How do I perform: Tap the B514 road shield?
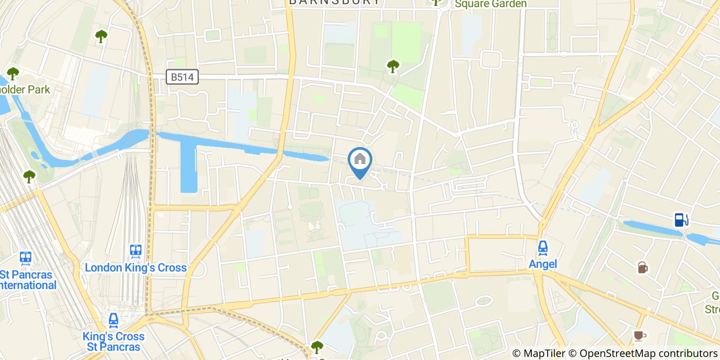tap(183, 77)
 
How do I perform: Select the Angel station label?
tap(543, 264)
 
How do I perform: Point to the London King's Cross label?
tap(136, 267)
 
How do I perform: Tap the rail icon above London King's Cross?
tap(136, 251)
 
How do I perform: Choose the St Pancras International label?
tap(26, 279)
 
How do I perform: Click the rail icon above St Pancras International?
tap(25, 258)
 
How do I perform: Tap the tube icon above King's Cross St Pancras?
tap(114, 321)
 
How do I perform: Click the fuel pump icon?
tap(681, 220)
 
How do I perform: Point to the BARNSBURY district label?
tap(335, 2)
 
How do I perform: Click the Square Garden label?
tap(490, 4)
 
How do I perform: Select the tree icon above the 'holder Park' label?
tap(12, 74)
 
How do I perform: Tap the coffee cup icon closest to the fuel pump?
tap(642, 267)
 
